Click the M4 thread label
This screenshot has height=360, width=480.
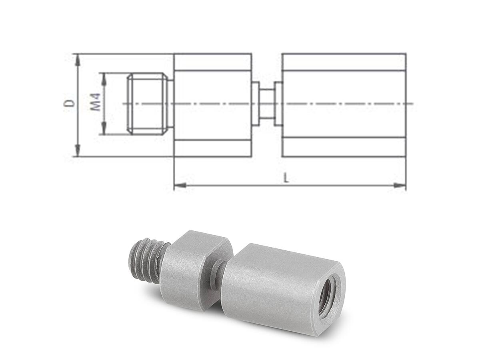click(x=96, y=102)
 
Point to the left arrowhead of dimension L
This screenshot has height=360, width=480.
click(x=180, y=185)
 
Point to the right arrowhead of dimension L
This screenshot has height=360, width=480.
click(x=400, y=185)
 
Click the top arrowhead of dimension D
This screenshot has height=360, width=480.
click(x=78, y=60)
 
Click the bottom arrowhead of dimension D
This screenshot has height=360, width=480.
click(x=78, y=150)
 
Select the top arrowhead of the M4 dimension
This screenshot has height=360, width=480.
click(x=104, y=79)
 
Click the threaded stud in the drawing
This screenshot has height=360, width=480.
click(x=148, y=103)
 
